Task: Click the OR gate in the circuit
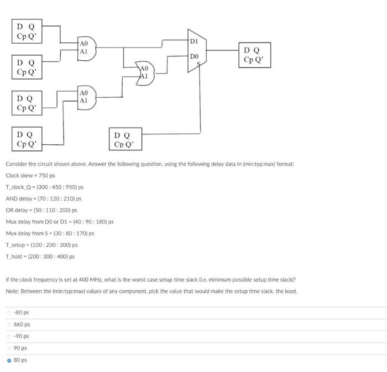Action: click(145, 72)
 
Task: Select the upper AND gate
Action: click(86, 46)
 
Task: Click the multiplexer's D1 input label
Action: click(194, 42)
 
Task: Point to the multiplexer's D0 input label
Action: click(193, 56)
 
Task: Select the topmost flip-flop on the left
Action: click(27, 32)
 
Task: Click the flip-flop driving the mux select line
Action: click(125, 139)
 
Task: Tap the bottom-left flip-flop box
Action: click(27, 139)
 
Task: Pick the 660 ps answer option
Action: click(22, 324)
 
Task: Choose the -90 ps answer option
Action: click(22, 336)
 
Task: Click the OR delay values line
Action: click(41, 210)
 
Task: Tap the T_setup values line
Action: click(41, 245)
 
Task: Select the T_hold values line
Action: click(40, 256)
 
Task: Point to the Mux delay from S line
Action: click(50, 233)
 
